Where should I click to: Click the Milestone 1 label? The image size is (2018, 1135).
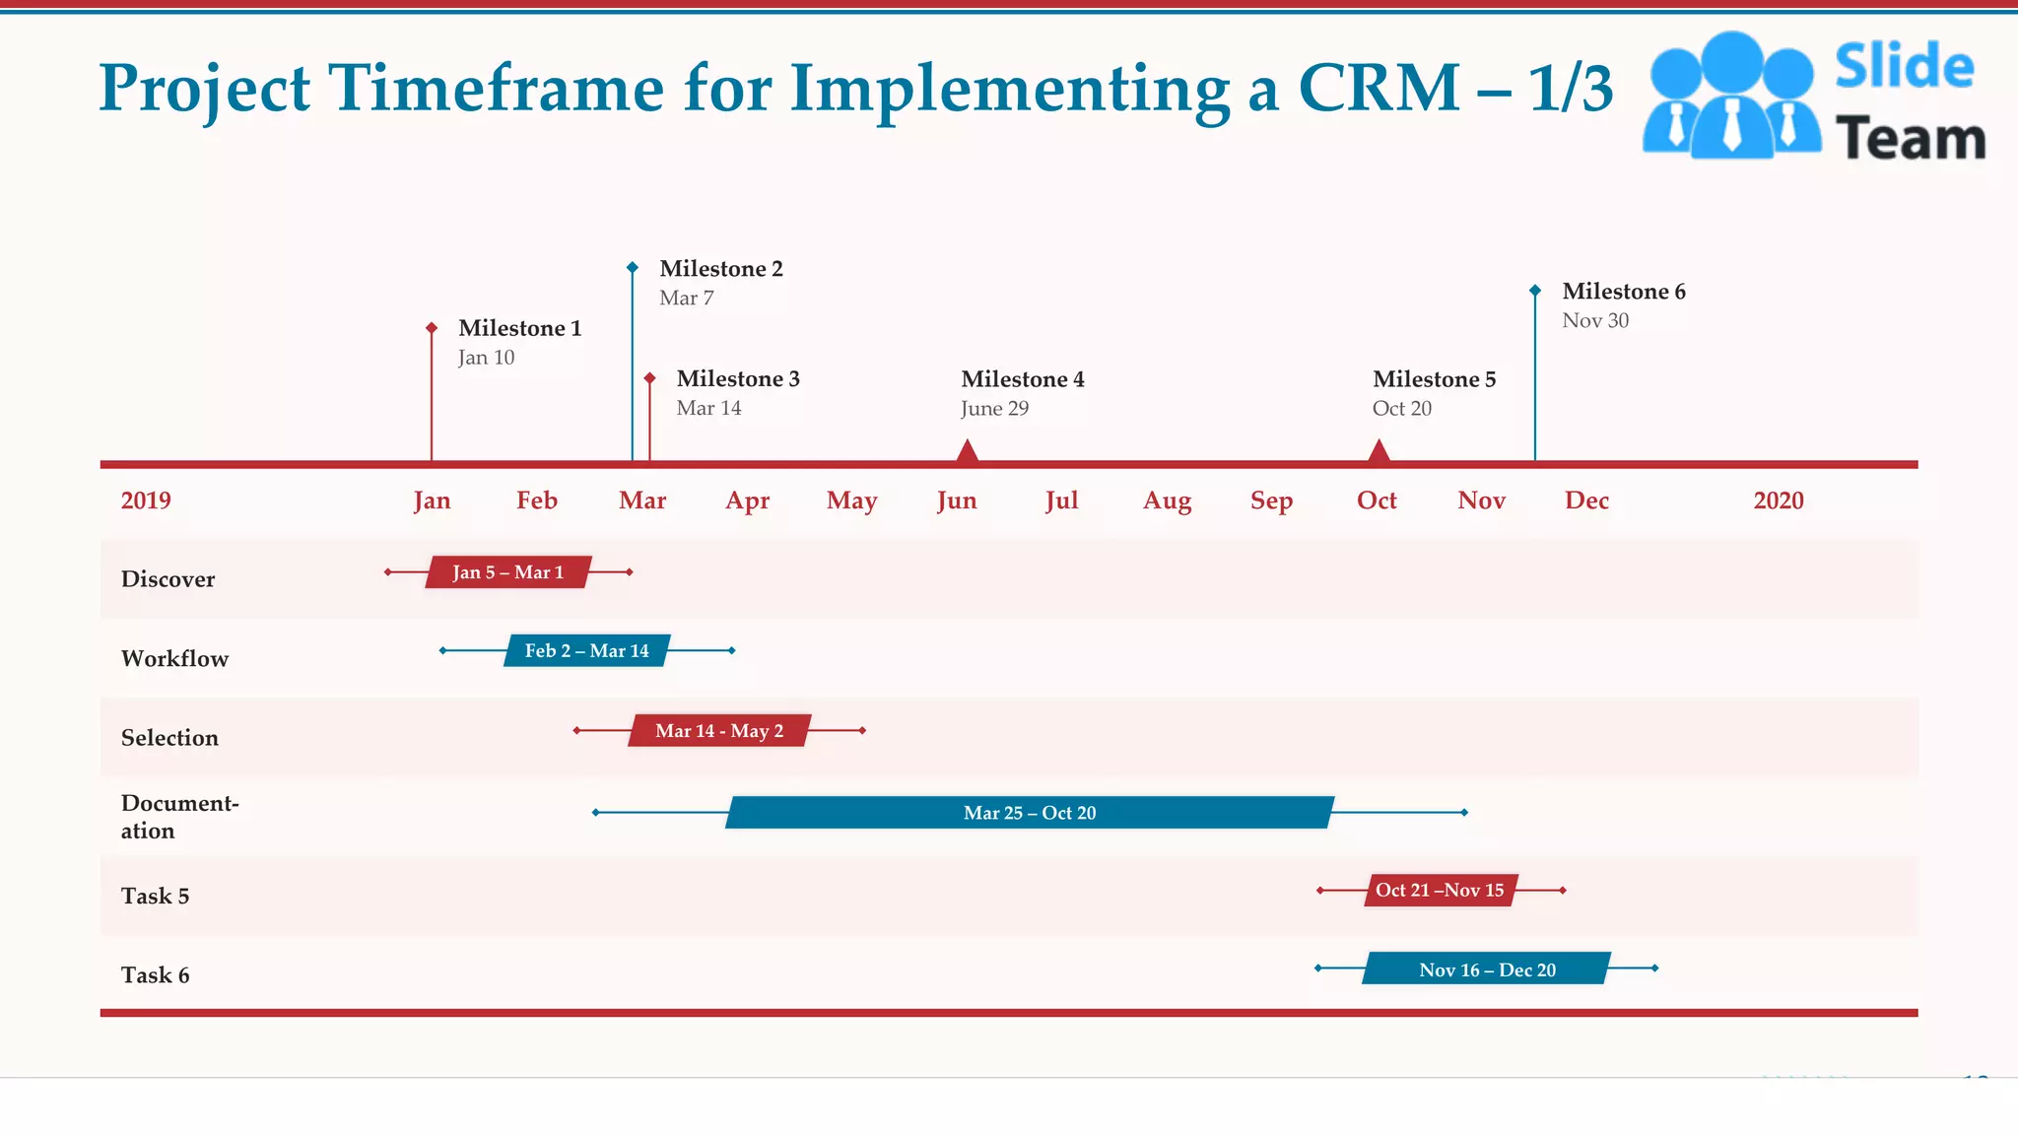point(519,328)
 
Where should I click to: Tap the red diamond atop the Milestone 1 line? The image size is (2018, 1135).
point(432,327)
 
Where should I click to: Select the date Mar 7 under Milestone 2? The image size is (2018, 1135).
point(686,298)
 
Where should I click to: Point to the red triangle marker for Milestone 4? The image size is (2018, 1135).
point(968,452)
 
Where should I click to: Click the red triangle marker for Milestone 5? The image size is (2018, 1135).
point(1379,452)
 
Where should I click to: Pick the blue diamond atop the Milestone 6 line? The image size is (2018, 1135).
point(1535,291)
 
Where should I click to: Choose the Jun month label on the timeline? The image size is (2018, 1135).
point(957,501)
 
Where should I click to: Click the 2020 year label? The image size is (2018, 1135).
point(1778,501)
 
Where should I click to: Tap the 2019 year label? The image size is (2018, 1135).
point(146,501)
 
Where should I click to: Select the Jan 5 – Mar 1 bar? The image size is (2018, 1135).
point(508,572)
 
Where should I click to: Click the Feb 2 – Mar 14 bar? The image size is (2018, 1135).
point(587,651)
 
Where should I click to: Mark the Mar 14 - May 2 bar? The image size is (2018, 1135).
point(719,731)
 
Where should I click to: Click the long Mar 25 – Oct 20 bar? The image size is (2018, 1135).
point(1030,813)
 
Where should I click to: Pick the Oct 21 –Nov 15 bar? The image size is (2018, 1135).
point(1440,891)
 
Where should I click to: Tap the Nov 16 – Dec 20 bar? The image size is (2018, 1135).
point(1487,969)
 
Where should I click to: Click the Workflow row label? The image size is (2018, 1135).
point(174,659)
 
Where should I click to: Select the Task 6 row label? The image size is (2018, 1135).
point(155,975)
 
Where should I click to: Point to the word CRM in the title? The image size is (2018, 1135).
point(1379,89)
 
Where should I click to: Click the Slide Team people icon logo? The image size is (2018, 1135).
point(1731,96)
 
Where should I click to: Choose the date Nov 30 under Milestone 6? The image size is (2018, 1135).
point(1595,320)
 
